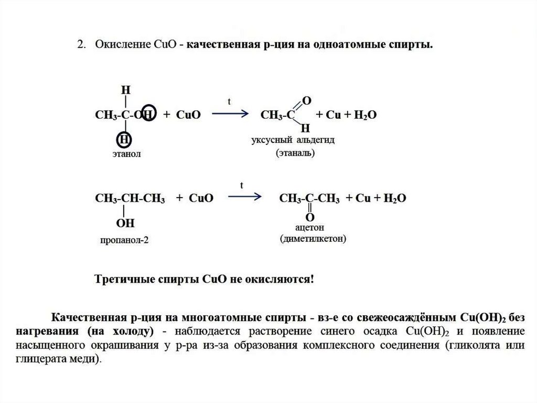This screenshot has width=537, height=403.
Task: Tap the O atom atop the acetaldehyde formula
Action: tap(307, 100)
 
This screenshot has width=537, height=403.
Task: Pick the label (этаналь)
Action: tap(294, 154)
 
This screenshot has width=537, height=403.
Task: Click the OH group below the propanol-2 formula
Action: tap(125, 224)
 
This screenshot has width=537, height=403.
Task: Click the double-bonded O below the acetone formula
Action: tap(310, 217)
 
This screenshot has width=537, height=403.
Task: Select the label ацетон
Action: tap(310, 228)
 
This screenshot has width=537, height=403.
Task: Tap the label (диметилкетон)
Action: tap(313, 239)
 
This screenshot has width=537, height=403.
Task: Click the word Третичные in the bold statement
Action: tap(119, 279)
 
